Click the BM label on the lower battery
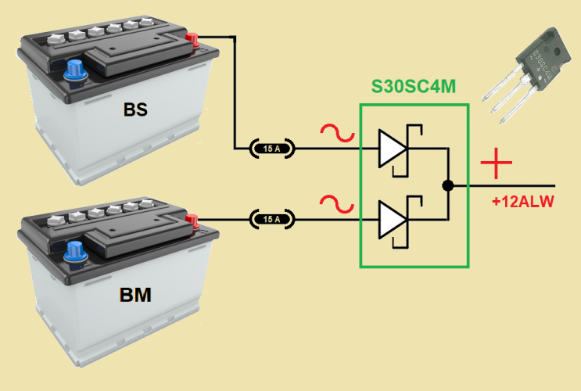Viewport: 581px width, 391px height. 135,296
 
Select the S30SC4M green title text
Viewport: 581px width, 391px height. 414,88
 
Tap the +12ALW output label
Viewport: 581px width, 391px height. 522,203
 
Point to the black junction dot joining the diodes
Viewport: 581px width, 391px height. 447,186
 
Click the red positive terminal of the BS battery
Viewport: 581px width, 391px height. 192,38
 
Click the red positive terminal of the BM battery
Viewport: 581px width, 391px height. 192,221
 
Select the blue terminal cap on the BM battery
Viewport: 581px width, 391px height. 75,252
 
